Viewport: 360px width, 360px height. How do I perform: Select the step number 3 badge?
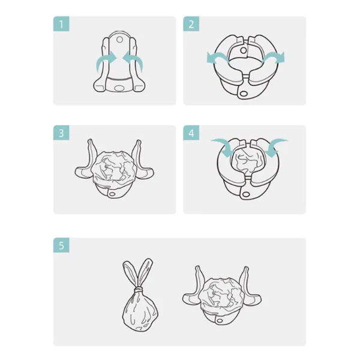62,133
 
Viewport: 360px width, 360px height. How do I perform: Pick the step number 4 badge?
191,133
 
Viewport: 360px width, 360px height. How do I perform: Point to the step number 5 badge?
62,245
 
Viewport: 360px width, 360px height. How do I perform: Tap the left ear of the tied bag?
128,273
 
